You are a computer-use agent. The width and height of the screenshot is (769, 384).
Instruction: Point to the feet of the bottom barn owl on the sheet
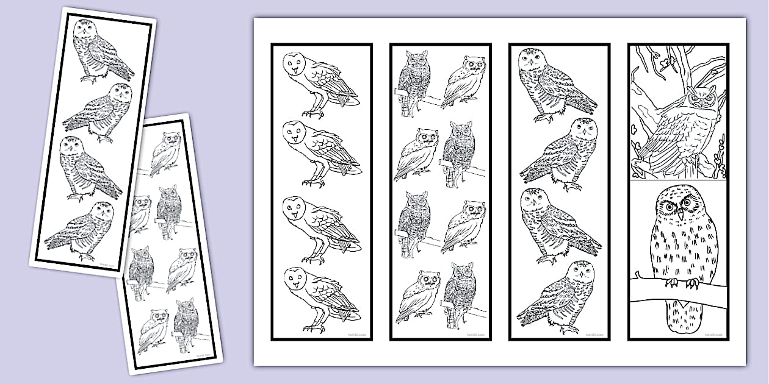pyautogui.click(x=314, y=328)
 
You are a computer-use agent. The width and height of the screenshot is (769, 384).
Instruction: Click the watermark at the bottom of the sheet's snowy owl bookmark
pyautogui.click(x=595, y=335)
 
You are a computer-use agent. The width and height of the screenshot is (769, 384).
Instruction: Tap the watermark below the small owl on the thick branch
pyautogui.click(x=714, y=335)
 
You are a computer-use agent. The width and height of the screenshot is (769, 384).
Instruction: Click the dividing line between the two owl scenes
pyautogui.click(x=678, y=180)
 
